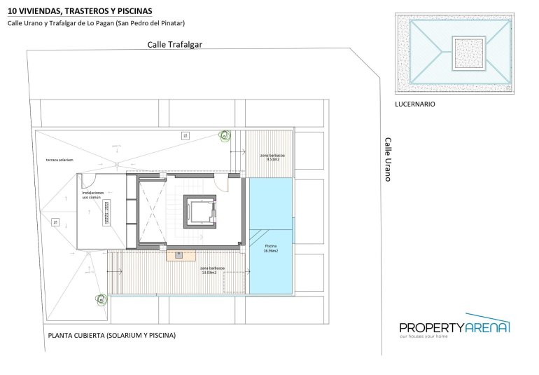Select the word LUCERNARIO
point(415,104)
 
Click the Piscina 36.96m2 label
point(271,248)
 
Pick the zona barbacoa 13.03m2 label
point(212,270)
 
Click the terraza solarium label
point(59,160)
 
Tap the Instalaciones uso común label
point(93,195)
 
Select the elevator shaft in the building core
point(199,211)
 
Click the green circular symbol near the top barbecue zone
point(225,135)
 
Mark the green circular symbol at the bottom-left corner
point(101,300)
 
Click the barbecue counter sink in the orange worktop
point(179,254)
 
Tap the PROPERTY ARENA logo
point(454,326)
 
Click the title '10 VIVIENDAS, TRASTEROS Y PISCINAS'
point(80,10)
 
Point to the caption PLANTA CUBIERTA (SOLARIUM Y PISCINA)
point(111,335)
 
